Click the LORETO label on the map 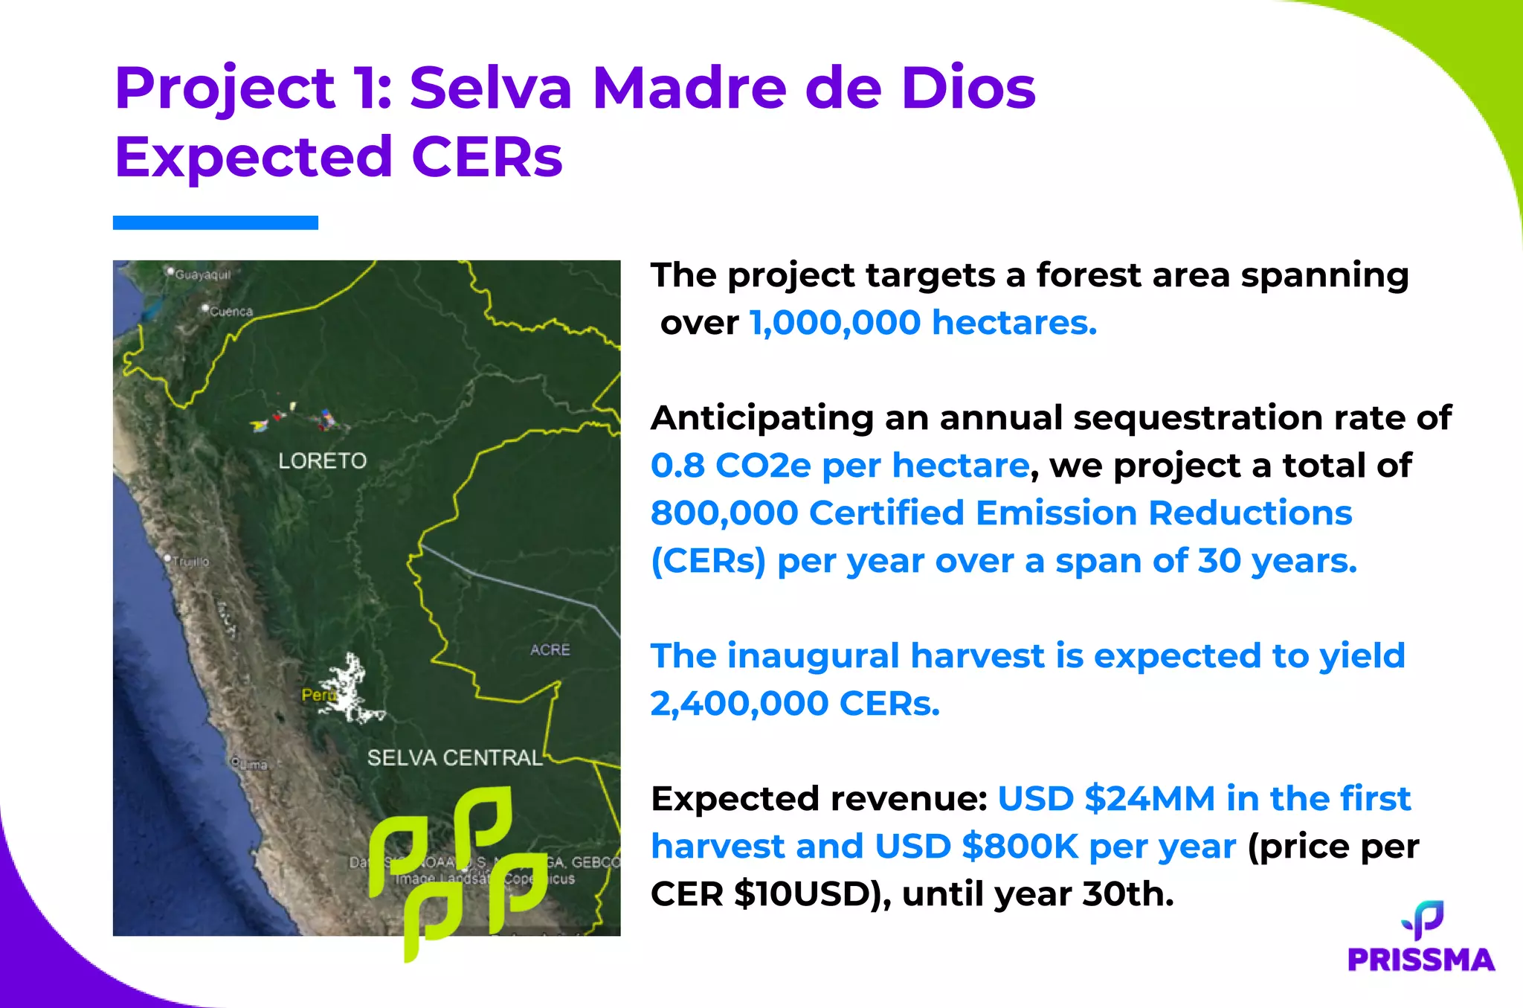pos(322,461)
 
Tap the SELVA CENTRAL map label pos(454,758)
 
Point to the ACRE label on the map pos(550,649)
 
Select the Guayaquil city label pos(202,275)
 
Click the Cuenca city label pos(231,312)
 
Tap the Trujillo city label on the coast pos(190,562)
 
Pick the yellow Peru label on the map pos(318,695)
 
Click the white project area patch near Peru pos(348,688)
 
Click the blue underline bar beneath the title pos(216,222)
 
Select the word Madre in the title pos(689,89)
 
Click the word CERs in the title pos(486,158)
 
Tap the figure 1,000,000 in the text pos(835,323)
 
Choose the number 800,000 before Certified pos(724,513)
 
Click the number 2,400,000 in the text pos(739,704)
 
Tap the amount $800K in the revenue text pos(1019,847)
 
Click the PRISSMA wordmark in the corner pos(1420,960)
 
